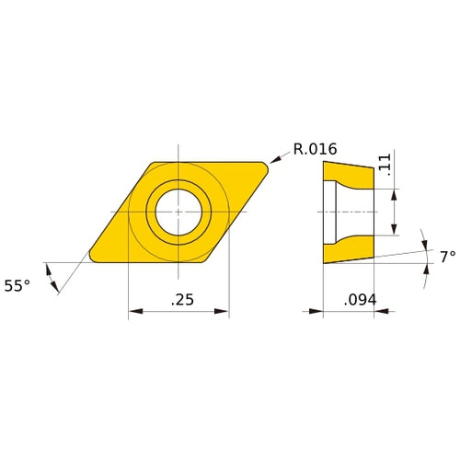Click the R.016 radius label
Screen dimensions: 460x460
tap(316, 149)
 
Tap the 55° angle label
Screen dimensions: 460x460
tap(17, 286)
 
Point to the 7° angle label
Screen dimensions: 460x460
tap(447, 258)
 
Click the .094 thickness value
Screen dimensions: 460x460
tap(358, 300)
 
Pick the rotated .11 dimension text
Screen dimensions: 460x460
tap(385, 165)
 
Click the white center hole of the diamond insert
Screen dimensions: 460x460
tap(178, 212)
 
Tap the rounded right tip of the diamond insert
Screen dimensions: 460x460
tap(267, 167)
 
